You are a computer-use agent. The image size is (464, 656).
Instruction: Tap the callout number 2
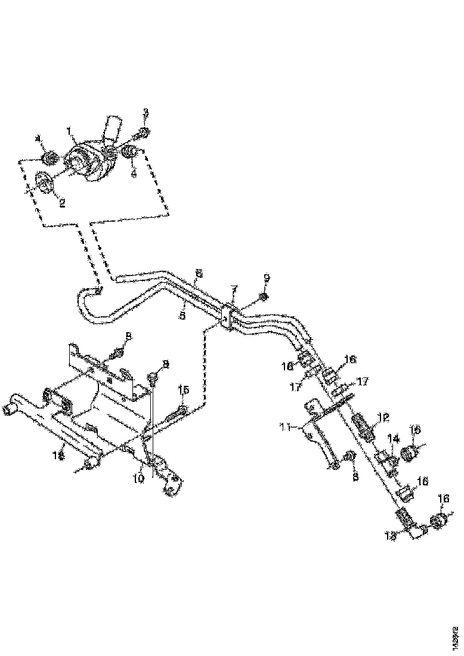click(61, 203)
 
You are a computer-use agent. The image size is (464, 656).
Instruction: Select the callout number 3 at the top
click(145, 112)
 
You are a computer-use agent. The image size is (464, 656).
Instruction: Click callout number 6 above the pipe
click(199, 272)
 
